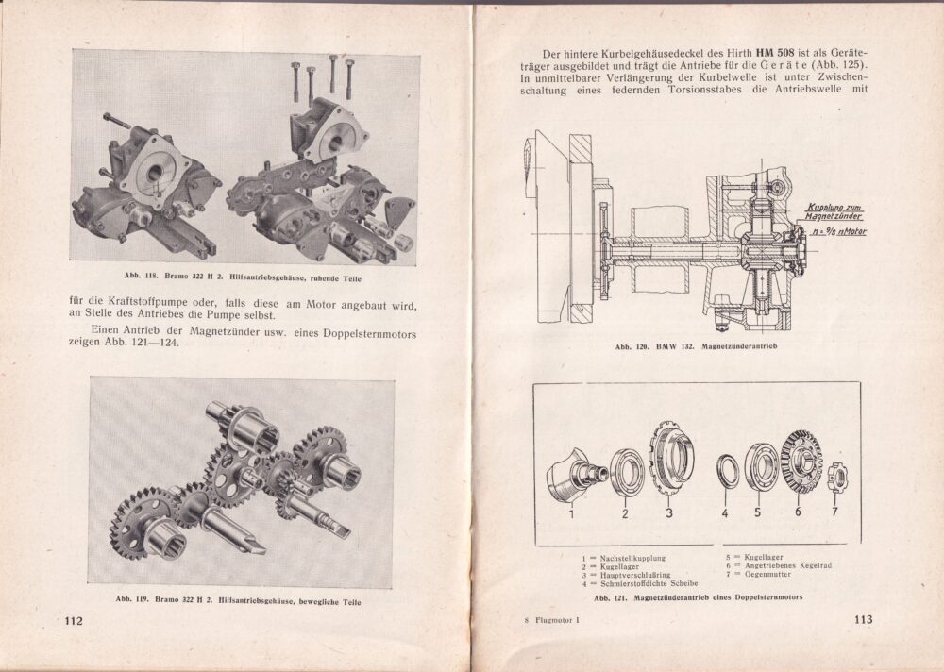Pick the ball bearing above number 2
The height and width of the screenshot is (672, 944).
pos(624,470)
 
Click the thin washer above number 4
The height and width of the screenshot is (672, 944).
pos(725,469)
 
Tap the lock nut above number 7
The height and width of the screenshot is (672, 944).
pos(837,475)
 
